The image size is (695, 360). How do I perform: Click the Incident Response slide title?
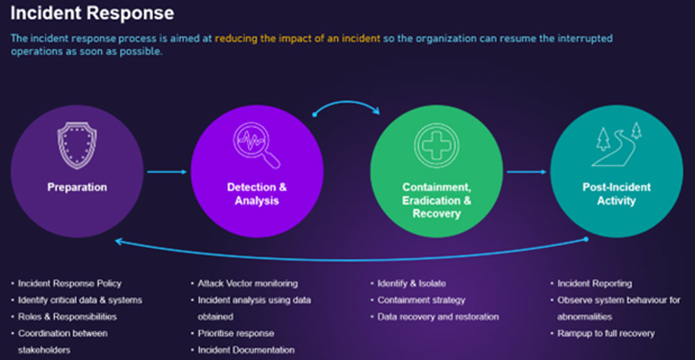pyautogui.click(x=92, y=13)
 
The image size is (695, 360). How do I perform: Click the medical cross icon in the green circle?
pyautogui.click(x=436, y=145)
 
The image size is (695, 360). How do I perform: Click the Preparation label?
pyautogui.click(x=77, y=187)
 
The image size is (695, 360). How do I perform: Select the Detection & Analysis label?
pyautogui.click(x=256, y=194)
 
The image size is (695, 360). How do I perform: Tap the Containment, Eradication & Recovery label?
pyautogui.click(x=436, y=200)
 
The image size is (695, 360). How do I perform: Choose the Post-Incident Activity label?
pyautogui.click(x=616, y=194)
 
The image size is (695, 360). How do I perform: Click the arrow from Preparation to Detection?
pyautogui.click(x=167, y=172)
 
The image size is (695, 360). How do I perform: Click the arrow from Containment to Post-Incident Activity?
pyautogui.click(x=527, y=172)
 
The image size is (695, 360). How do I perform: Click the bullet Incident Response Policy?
pyautogui.click(x=69, y=284)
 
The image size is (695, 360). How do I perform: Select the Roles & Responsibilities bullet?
pyautogui.click(x=67, y=317)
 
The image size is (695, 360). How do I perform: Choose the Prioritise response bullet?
pyautogui.click(x=236, y=334)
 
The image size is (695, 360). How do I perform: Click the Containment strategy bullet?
pyautogui.click(x=421, y=300)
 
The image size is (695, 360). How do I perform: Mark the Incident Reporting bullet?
pyautogui.click(x=594, y=284)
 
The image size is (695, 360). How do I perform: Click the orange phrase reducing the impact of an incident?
pyautogui.click(x=297, y=38)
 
